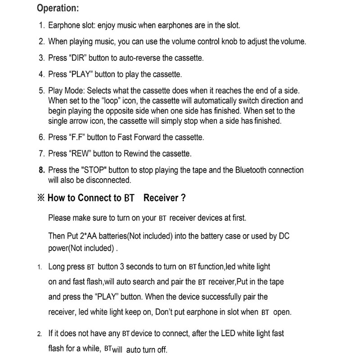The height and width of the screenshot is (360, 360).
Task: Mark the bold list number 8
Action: pyautogui.click(x=41, y=171)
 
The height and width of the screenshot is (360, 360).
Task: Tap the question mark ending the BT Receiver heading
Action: pyautogui.click(x=183, y=198)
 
